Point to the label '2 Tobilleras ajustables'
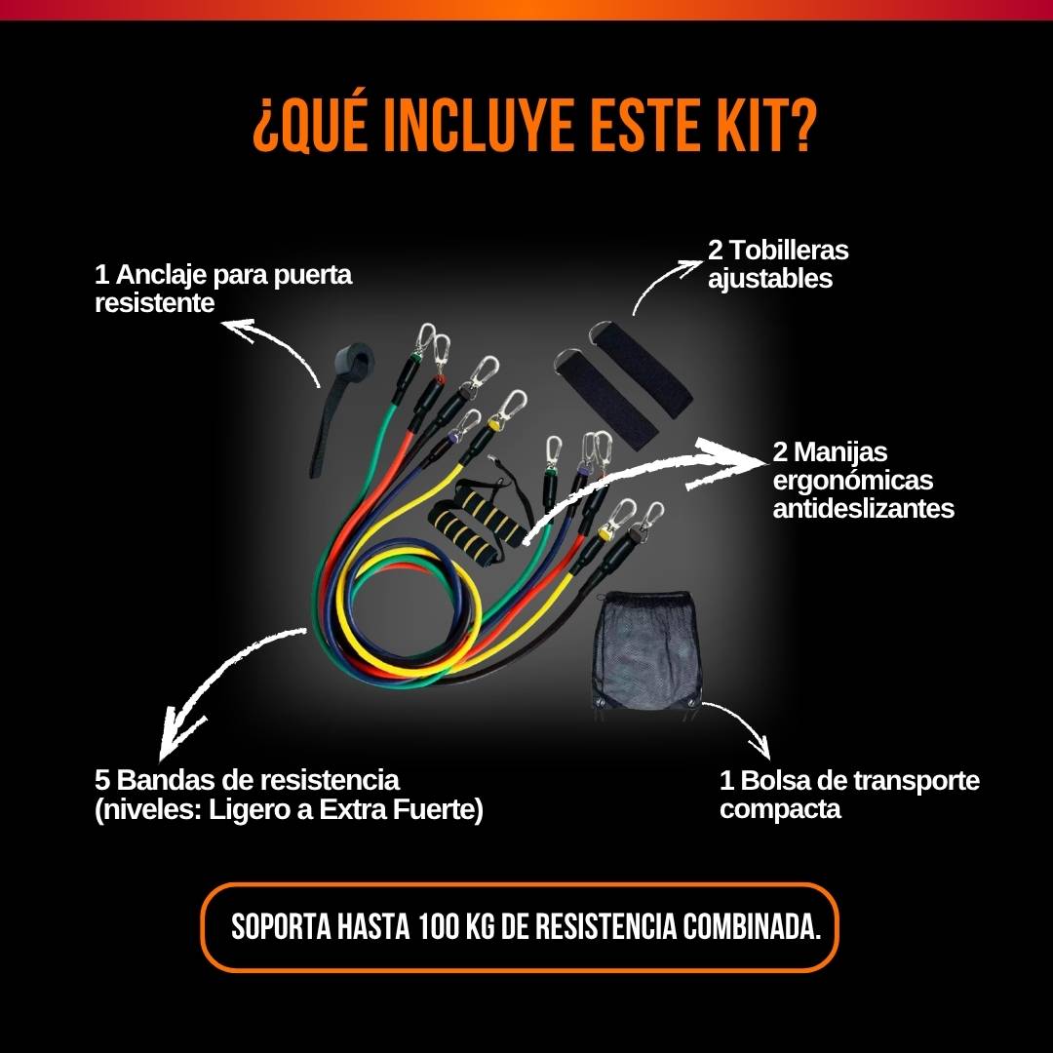click(778, 264)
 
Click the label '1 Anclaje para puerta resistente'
click(223, 288)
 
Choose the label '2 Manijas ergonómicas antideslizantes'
click(863, 480)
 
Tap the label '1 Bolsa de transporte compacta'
click(849, 794)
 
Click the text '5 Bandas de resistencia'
click(247, 780)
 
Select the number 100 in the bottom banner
click(439, 927)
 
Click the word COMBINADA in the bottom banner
click(752, 927)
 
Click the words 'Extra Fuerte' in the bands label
click(401, 809)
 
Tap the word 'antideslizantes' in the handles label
click(864, 508)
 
